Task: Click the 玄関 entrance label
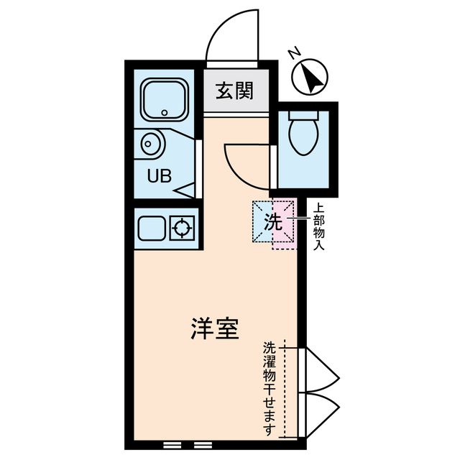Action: coord(234,91)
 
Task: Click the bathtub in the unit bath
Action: coord(165,99)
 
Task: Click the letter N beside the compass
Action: coord(293,53)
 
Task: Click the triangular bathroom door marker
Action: coord(187,190)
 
